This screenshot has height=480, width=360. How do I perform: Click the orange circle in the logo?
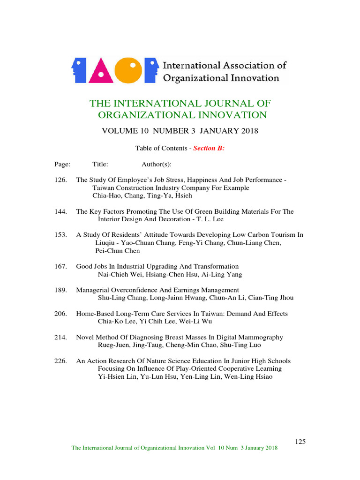click(128, 70)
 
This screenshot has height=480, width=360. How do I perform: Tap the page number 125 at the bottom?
click(300, 442)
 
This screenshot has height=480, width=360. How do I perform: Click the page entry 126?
click(61, 180)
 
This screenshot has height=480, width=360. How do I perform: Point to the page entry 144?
click(61, 211)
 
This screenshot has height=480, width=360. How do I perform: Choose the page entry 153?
click(61, 235)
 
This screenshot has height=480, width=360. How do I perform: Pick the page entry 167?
click(61, 266)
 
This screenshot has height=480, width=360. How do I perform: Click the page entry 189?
click(61, 290)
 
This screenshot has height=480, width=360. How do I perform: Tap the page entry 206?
click(61, 314)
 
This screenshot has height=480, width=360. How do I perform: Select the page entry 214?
click(61, 337)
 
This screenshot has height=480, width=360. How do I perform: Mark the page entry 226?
click(61, 361)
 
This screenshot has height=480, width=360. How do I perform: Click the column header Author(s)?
click(157, 164)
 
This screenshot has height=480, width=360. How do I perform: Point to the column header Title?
click(100, 164)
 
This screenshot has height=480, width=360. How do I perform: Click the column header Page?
click(62, 164)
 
